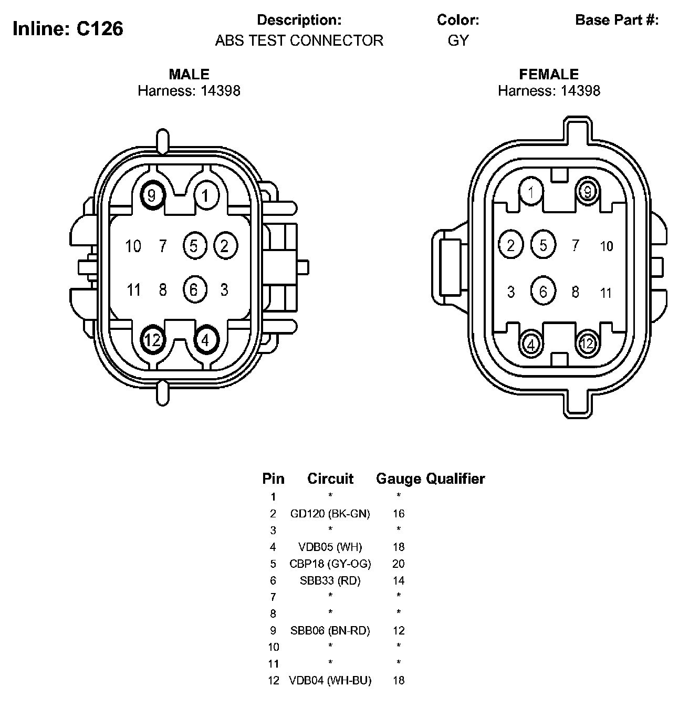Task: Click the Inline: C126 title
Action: [68, 28]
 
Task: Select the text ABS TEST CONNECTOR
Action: [299, 40]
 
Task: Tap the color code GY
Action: [458, 40]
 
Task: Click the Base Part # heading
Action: [617, 20]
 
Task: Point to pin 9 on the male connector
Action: [152, 196]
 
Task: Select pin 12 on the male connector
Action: [152, 340]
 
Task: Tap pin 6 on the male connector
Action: [194, 289]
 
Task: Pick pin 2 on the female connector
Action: [511, 245]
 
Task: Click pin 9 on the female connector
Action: [587, 192]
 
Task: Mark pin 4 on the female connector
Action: [531, 345]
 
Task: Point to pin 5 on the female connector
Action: [544, 245]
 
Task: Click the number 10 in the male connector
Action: [133, 246]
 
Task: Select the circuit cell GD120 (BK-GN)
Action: [330, 514]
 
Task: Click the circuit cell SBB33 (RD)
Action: [330, 580]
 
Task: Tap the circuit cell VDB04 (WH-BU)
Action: [330, 680]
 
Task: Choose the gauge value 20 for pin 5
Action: [399, 564]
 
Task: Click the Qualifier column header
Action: [455, 479]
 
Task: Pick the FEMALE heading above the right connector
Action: [549, 74]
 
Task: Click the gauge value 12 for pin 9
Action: [399, 630]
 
